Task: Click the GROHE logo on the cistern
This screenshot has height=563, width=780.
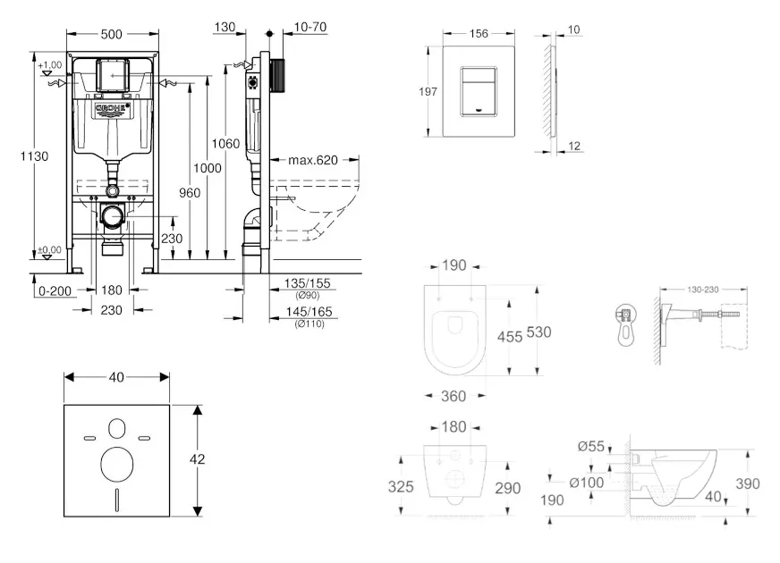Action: (113, 110)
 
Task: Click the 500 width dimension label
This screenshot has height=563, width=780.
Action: (111, 35)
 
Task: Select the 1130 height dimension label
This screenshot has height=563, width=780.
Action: (35, 156)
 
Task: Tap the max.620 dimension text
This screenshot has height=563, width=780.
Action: (312, 161)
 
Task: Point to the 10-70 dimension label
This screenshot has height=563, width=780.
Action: (309, 27)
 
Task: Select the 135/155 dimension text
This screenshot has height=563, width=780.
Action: (306, 283)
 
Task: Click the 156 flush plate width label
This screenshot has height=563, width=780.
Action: (479, 33)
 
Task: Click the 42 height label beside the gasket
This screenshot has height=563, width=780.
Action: (198, 458)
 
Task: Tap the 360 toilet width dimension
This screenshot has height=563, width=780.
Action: (454, 395)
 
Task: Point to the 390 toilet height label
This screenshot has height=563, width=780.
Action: (747, 483)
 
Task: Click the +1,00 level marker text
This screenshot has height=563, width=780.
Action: (50, 64)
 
